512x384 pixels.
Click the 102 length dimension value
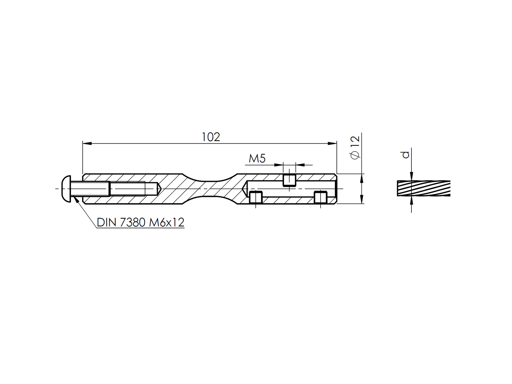pos(211,137)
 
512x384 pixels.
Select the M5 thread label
pos(257,158)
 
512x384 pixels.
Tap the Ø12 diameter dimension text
pos(355,147)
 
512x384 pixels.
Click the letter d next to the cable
pos(406,155)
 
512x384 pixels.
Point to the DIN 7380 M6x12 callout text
pos(140,222)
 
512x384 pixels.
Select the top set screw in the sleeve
pos(289,180)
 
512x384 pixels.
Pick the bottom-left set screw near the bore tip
pos(256,197)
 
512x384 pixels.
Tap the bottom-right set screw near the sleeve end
pos(320,197)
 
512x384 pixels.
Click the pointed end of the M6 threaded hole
pos(159,189)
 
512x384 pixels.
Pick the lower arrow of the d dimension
pos(411,200)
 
